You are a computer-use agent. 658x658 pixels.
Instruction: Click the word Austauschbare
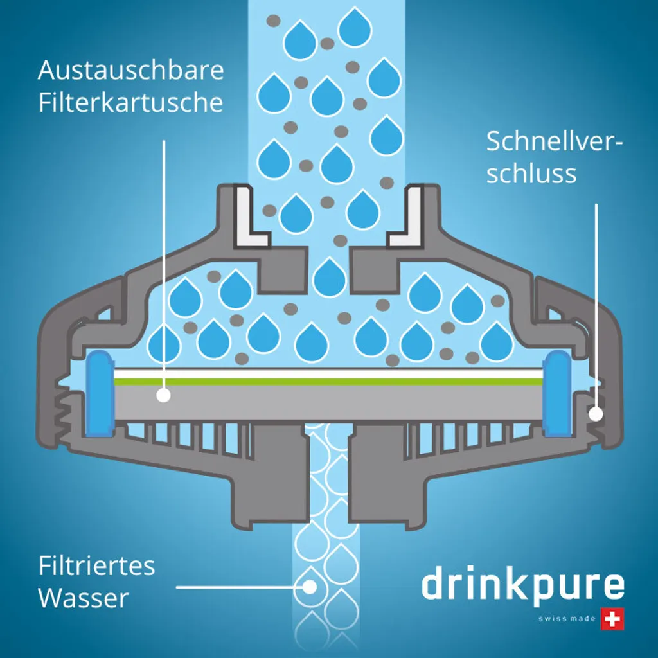pyautogui.click(x=131, y=70)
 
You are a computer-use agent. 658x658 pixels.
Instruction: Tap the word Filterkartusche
pyautogui.click(x=131, y=103)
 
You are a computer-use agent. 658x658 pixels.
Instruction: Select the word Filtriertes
pyautogui.click(x=97, y=566)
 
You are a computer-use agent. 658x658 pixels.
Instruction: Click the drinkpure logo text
pyautogui.click(x=522, y=586)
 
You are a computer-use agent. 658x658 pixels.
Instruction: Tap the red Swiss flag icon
pyautogui.click(x=612, y=618)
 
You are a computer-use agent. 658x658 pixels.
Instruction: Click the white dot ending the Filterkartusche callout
pyautogui.click(x=164, y=395)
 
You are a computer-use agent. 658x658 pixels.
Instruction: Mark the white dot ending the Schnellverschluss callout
pyautogui.click(x=596, y=414)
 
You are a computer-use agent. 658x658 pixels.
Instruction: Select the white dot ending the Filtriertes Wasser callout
pyautogui.click(x=310, y=586)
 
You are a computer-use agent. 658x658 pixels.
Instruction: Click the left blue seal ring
pyautogui.click(x=100, y=392)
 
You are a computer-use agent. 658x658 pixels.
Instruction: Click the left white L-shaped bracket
pyautogui.click(x=248, y=217)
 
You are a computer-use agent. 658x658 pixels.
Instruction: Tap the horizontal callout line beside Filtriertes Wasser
pyautogui.click(x=238, y=587)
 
